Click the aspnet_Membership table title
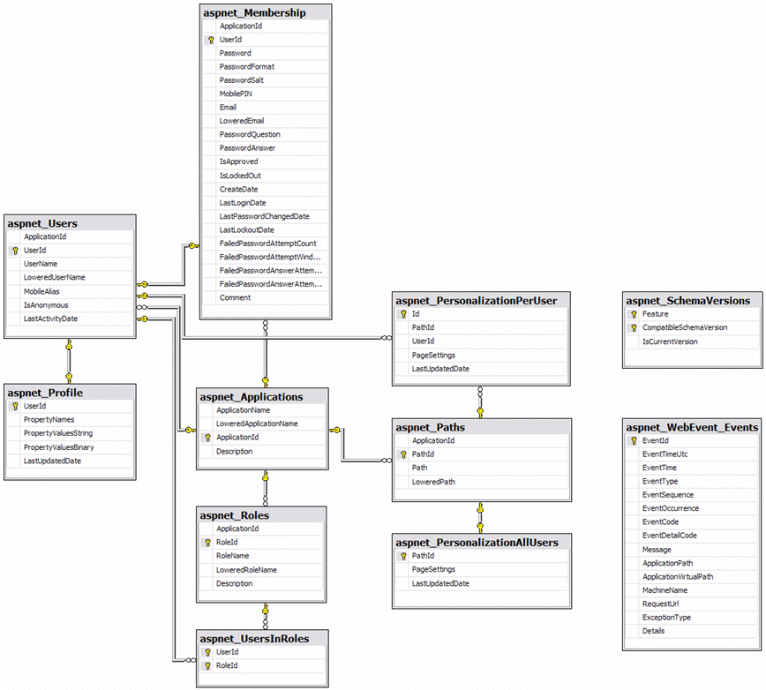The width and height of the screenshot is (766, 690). [254, 12]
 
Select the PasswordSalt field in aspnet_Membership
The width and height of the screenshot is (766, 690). [242, 80]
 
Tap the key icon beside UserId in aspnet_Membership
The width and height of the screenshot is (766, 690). [211, 40]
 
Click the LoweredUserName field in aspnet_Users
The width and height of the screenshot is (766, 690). [55, 277]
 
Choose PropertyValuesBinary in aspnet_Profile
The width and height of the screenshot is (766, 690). [58, 447]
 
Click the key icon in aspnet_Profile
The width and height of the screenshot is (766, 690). [15, 406]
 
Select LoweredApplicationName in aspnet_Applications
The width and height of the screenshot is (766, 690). [257, 424]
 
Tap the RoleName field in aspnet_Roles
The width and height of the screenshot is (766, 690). [232, 556]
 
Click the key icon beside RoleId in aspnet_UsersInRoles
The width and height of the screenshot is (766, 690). [207, 666]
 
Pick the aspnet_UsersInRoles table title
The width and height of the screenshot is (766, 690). [254, 639]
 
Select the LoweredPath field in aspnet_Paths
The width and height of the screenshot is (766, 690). [432, 482]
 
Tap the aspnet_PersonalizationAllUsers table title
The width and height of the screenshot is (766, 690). [477, 542]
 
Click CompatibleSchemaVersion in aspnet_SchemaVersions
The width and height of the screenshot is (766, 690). [685, 327]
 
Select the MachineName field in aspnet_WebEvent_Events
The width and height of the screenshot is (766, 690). [665, 590]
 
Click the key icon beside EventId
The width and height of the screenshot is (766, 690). [633, 440]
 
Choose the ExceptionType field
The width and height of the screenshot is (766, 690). [666, 618]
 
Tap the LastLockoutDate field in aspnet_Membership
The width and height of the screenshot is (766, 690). [246, 229]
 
